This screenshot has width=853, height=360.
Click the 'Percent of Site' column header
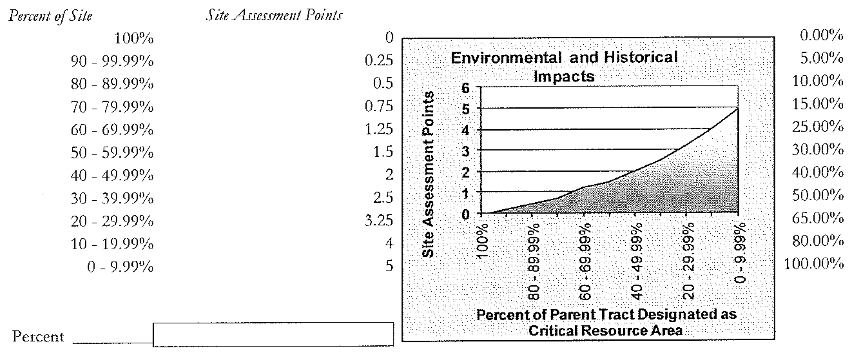(x=51, y=16)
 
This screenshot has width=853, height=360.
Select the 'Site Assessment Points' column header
(x=274, y=15)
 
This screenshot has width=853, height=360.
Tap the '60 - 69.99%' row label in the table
(x=112, y=130)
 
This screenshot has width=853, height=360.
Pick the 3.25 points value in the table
(x=378, y=220)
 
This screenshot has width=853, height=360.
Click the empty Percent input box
(x=273, y=334)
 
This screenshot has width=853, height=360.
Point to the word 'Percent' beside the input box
(x=38, y=336)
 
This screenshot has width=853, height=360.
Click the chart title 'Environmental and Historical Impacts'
(x=564, y=67)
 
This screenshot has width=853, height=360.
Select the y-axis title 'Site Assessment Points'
(x=428, y=174)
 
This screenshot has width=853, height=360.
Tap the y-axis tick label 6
(x=466, y=88)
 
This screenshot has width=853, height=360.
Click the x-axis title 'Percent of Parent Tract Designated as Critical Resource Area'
(x=606, y=322)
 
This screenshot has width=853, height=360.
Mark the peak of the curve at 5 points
(x=738, y=109)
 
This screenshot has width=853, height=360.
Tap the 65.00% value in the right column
(x=818, y=218)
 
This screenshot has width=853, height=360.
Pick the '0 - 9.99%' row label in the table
(x=120, y=267)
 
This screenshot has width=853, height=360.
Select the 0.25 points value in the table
(x=378, y=61)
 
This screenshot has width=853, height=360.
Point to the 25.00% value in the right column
(x=818, y=127)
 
